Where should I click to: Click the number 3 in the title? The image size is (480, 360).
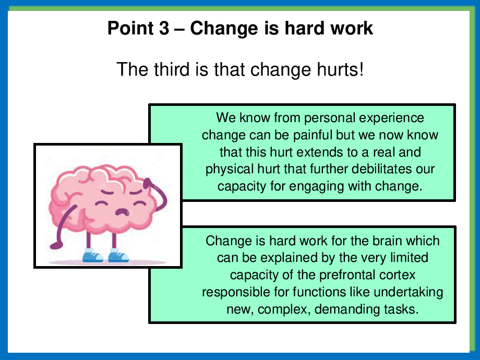164,28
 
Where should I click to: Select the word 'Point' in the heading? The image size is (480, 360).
130,28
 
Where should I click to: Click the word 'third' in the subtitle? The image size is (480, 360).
172,69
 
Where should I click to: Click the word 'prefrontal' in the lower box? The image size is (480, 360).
347,275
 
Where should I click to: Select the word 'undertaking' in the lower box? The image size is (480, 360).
409,292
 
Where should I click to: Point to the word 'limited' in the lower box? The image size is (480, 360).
409,257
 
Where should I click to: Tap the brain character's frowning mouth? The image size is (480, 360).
122,212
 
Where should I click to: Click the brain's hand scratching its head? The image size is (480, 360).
148,184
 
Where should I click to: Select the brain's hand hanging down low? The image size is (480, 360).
56,245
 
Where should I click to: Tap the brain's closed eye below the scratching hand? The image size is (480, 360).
139,203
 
